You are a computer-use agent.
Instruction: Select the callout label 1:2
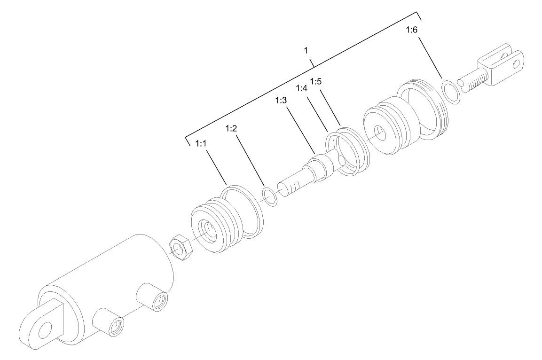[x=232, y=128]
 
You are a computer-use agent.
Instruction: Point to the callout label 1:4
[x=302, y=88]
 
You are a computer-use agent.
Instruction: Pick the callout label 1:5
[x=316, y=81]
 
